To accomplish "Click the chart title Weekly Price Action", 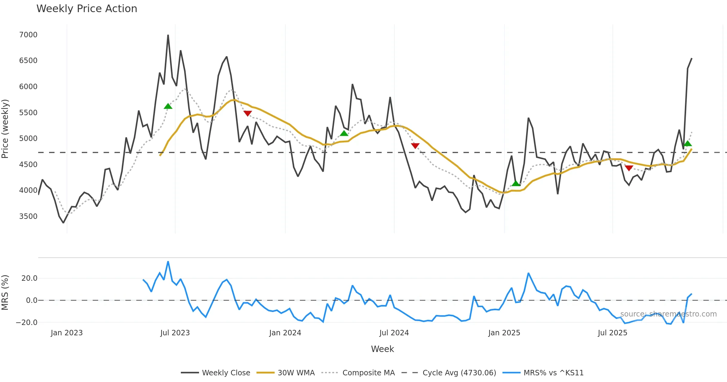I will pos(87,9).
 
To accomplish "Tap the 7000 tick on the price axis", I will pos(28,35).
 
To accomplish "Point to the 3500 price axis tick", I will pos(28,216).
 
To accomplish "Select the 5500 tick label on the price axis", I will pos(28,113).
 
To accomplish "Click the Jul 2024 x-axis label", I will pos(394,333).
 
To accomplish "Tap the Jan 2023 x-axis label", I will pos(67,333).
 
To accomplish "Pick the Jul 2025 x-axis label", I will pos(612,333).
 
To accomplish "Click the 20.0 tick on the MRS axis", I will pos(29,278).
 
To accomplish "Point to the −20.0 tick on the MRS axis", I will pos(27,323).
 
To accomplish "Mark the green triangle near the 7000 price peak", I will pos(168,106).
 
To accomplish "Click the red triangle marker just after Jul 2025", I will pos(629,168).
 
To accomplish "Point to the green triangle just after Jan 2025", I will pos(516,183).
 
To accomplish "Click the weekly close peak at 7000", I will pos(168,35).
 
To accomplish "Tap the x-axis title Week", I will pos(382,349).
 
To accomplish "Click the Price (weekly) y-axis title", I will pos(5,129).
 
